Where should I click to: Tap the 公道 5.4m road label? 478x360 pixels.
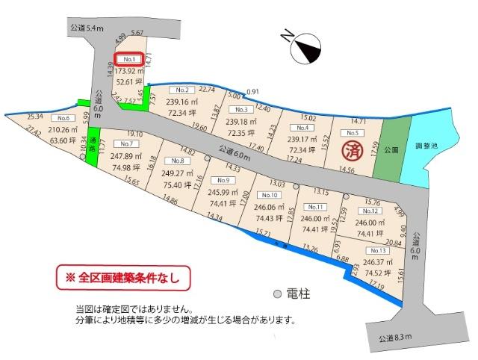coord(84,28)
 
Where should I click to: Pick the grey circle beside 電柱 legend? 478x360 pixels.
coord(278,294)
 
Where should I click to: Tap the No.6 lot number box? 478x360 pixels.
coord(63,119)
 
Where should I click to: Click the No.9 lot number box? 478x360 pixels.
coord(221,180)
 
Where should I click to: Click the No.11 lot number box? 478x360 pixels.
coord(315,207)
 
